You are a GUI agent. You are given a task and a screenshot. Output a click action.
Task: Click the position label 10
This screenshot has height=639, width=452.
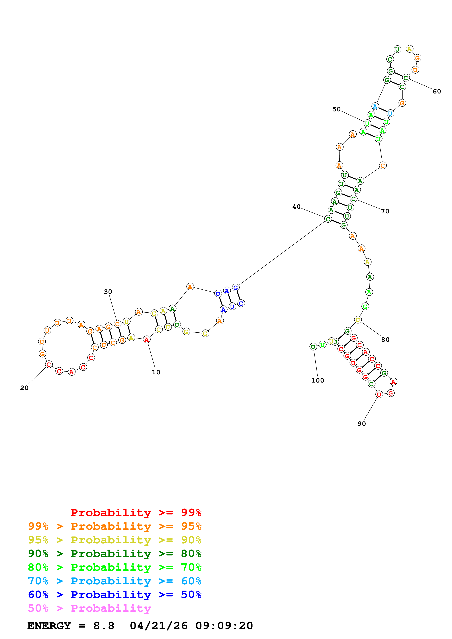[156, 372]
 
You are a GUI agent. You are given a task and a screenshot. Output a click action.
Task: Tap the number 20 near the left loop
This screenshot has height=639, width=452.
[24, 388]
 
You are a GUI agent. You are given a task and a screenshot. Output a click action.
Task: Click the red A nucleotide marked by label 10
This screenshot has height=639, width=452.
[146, 340]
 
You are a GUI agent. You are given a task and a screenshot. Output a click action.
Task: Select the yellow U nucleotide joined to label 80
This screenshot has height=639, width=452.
[358, 320]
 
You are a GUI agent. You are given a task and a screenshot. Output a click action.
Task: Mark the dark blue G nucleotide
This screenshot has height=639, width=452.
[236, 287]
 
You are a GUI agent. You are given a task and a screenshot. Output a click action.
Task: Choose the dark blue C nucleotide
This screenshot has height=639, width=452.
[241, 303]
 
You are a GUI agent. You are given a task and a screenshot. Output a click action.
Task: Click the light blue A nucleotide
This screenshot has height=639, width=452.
[375, 106]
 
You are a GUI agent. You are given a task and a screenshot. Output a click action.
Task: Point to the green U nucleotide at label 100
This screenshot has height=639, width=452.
[313, 347]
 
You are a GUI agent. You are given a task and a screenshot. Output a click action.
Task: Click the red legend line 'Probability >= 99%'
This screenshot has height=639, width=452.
[136, 513]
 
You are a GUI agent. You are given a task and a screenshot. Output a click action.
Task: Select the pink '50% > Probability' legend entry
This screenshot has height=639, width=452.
[89, 608]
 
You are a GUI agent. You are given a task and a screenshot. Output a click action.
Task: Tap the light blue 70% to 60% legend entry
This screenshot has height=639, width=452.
[115, 581]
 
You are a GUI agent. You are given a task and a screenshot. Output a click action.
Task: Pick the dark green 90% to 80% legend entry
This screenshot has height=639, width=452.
[115, 554]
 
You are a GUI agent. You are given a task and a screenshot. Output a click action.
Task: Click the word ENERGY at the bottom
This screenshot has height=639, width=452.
[49, 626]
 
